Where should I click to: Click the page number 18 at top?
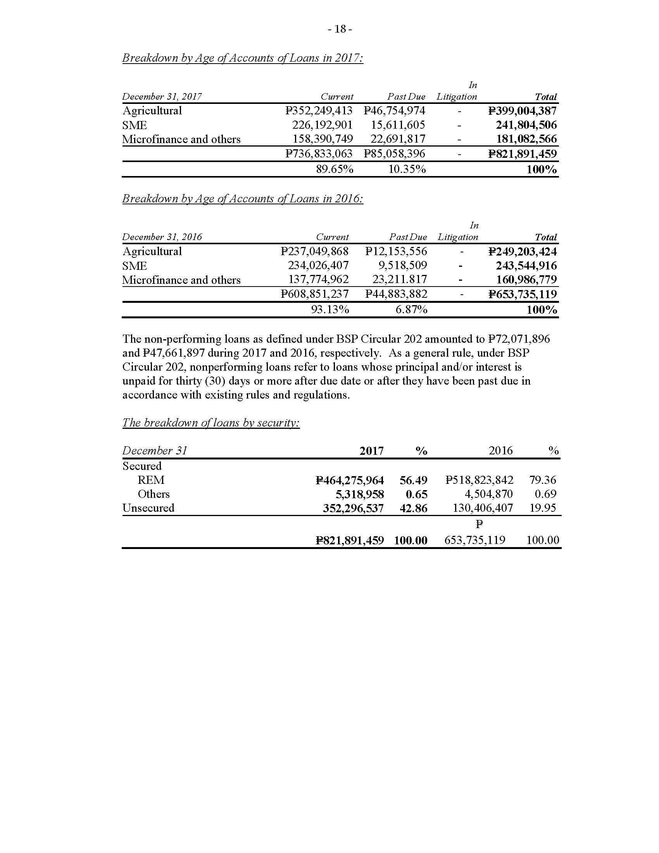[340, 29]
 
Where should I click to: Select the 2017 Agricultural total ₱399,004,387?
[523, 111]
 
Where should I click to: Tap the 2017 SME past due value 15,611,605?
[398, 125]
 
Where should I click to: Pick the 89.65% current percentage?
[335, 169]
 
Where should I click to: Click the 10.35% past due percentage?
[407, 169]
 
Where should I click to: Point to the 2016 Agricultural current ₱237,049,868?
[315, 251]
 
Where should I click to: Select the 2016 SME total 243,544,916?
[526, 266]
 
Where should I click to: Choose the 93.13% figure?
[330, 310]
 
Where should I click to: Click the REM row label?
[151, 480]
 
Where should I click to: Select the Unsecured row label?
[148, 508]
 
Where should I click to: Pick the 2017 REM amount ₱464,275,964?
[350, 480]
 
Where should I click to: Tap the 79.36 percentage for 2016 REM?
[543, 480]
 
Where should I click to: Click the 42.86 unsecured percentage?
[414, 508]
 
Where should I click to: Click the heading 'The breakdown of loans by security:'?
[211, 423]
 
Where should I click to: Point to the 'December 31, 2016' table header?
[162, 237]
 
